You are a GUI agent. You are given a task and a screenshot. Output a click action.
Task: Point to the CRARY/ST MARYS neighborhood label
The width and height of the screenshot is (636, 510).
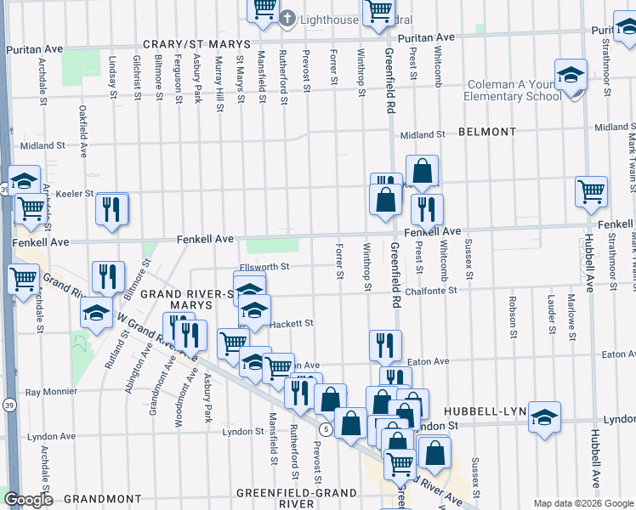[x=196, y=43]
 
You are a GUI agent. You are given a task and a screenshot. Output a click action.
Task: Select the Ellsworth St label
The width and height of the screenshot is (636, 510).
[x=265, y=266]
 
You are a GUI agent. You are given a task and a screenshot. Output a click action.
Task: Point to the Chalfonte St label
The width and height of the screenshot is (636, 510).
[x=431, y=290]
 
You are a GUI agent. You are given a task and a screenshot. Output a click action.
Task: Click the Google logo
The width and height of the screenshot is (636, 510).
[x=29, y=500]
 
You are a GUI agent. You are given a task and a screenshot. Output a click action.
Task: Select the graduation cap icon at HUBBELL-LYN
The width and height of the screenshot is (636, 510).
[x=544, y=416]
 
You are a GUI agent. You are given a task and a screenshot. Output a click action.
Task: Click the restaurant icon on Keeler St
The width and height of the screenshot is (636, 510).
[x=111, y=207]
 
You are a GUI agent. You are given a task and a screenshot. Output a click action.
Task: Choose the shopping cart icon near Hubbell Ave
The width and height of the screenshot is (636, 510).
[x=591, y=191]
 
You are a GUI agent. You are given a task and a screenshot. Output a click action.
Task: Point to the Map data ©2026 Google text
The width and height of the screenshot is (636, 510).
[x=582, y=503]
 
